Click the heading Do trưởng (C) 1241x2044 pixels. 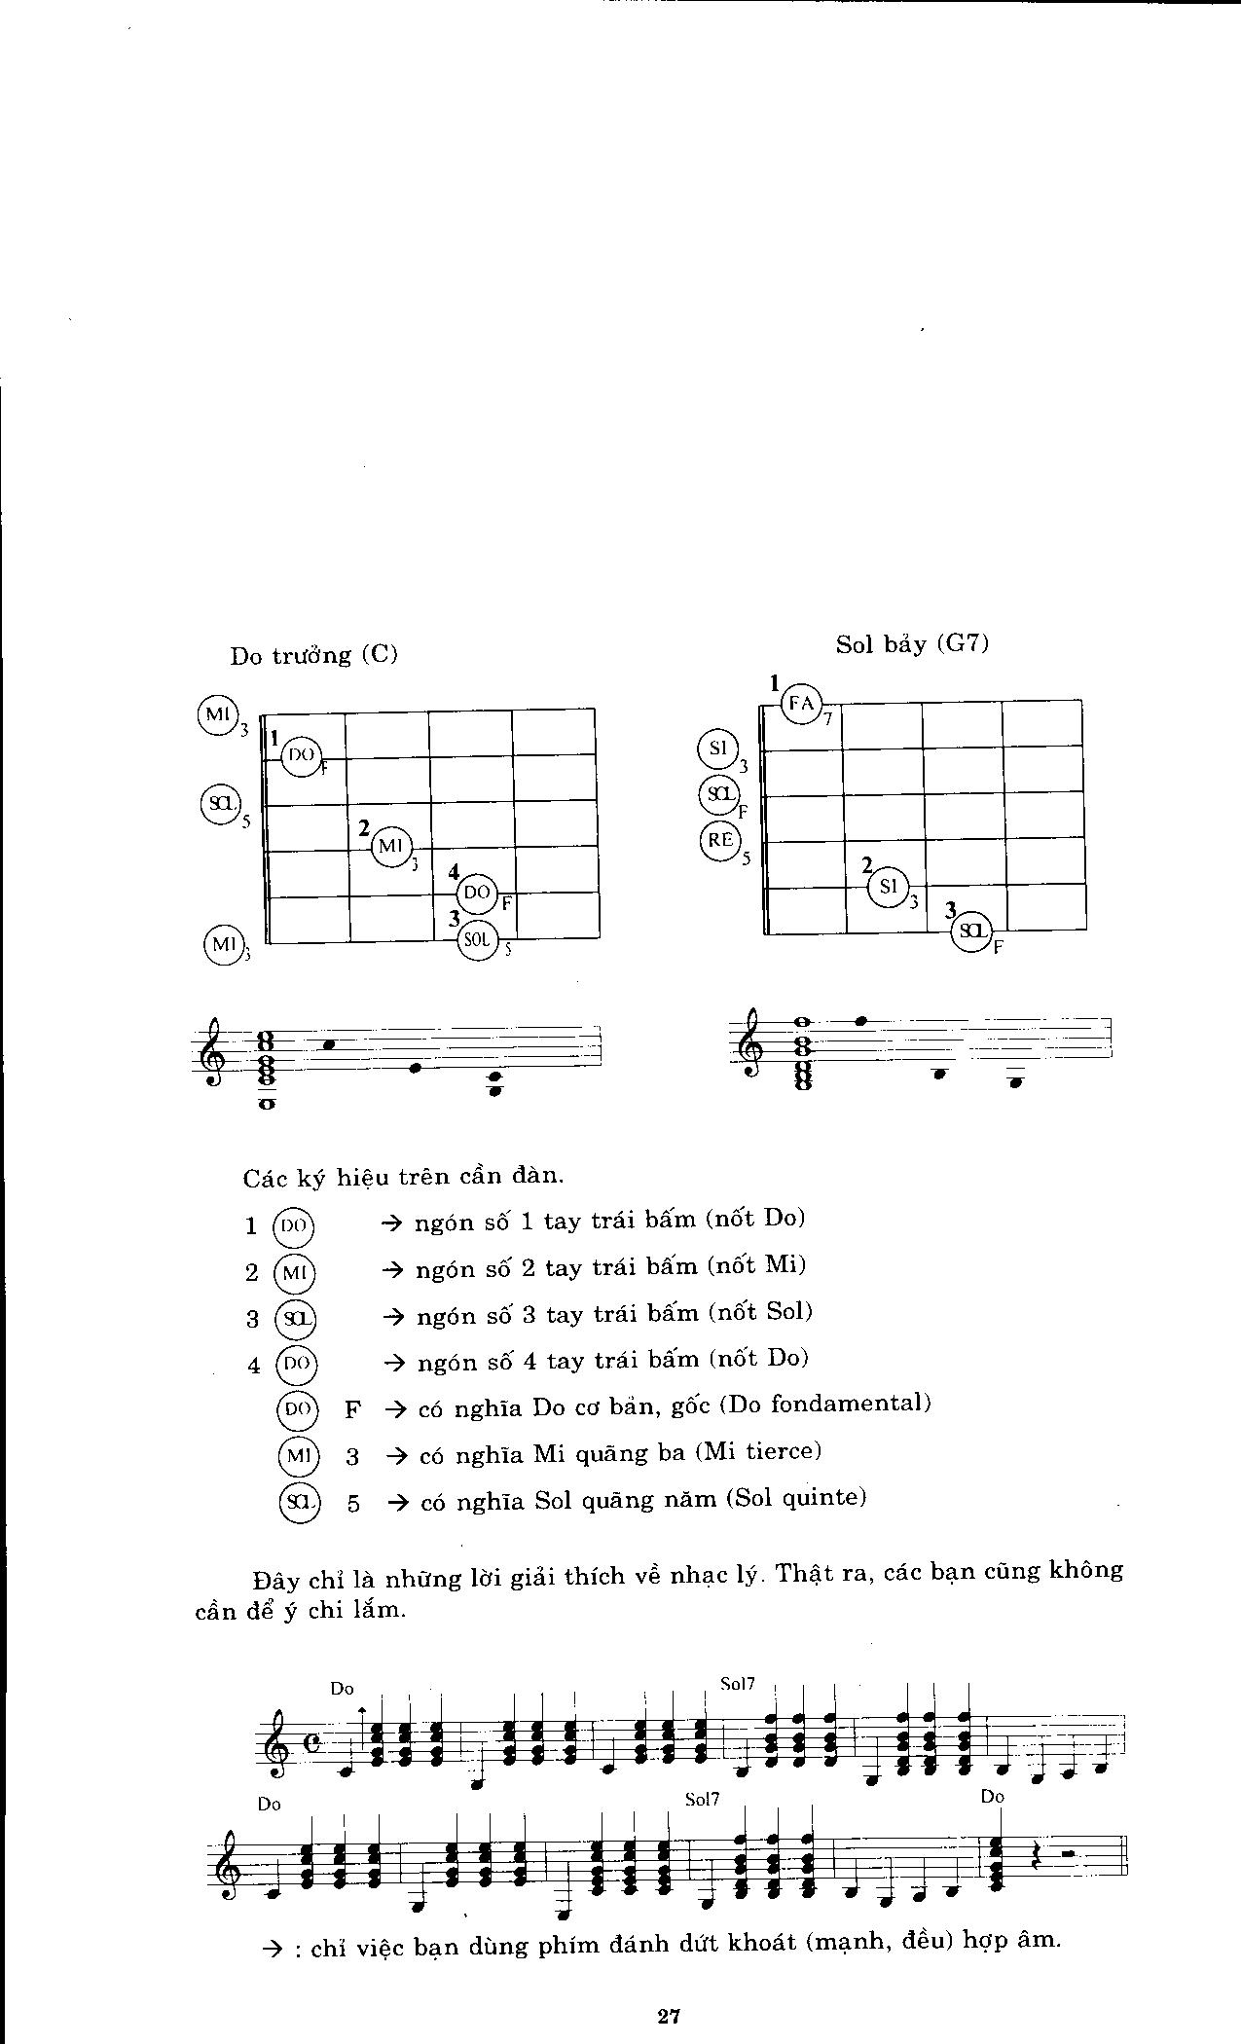[314, 655]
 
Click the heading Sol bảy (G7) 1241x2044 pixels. [912, 643]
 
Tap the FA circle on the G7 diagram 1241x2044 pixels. [801, 703]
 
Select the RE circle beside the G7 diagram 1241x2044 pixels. [719, 840]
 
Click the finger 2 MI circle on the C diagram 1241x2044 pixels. [391, 846]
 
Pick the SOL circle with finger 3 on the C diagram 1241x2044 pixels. [477, 939]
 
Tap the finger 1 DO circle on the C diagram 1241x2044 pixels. [301, 754]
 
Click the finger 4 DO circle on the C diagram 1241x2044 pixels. [477, 892]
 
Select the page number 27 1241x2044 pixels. [667, 2016]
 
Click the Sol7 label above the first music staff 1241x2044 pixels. [738, 1685]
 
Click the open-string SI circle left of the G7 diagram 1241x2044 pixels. [718, 748]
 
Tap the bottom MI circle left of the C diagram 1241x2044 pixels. [222, 943]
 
